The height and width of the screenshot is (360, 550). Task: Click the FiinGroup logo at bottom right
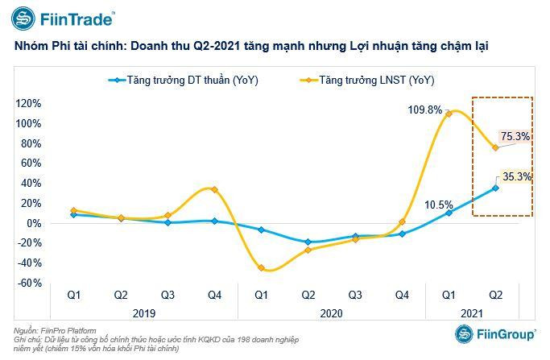pyautogui.click(x=493, y=334)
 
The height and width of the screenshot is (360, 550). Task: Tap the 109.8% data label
pyautogui.click(x=424, y=110)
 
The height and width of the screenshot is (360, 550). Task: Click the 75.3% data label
pyautogui.click(x=515, y=137)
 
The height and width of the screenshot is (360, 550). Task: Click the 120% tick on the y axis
pyautogui.click(x=28, y=104)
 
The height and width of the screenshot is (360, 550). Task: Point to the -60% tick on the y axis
pyautogui.click(x=30, y=283)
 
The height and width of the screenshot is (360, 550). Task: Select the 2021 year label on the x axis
pyautogui.click(x=472, y=312)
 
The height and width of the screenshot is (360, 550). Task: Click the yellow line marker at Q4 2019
pyautogui.click(x=213, y=189)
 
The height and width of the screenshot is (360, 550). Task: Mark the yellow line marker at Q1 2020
pyautogui.click(x=261, y=268)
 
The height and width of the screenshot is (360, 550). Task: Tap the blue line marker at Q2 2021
pyautogui.click(x=495, y=188)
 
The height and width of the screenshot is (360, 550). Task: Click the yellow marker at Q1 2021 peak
pyautogui.click(x=449, y=114)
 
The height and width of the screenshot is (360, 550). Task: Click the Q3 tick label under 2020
pyautogui.click(x=354, y=296)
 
